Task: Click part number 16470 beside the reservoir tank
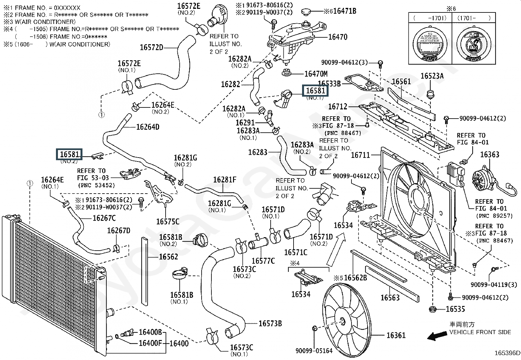coord(338,37)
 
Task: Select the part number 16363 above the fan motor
coord(490,155)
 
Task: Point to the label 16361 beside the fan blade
coord(396,335)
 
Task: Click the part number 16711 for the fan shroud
coord(360,155)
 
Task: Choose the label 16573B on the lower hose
coord(270,324)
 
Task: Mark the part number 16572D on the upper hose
coord(152,47)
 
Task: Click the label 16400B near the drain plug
coord(150,332)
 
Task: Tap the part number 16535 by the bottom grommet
coord(455,309)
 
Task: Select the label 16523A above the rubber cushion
coord(432,76)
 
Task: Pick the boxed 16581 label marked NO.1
coord(315,90)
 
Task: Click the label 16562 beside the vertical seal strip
coord(169,257)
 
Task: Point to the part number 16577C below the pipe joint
coord(263,261)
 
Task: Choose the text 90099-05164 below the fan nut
coord(314,351)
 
